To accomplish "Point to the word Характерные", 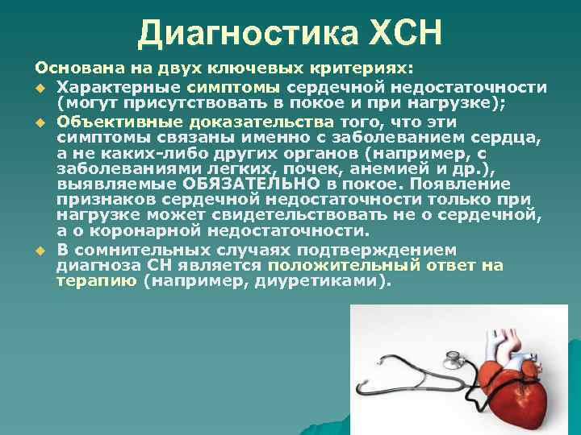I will tap(119, 87).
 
